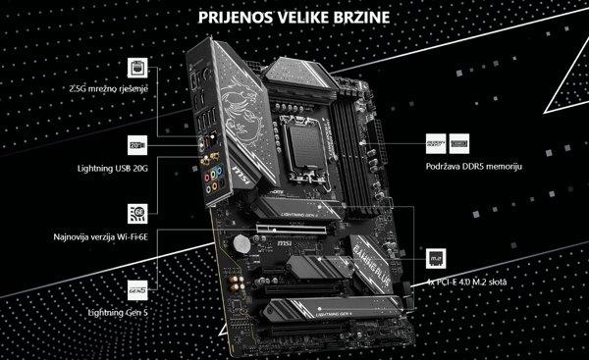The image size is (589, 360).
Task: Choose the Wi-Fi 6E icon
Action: (137, 214)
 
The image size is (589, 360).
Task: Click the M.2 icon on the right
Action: (434, 258)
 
